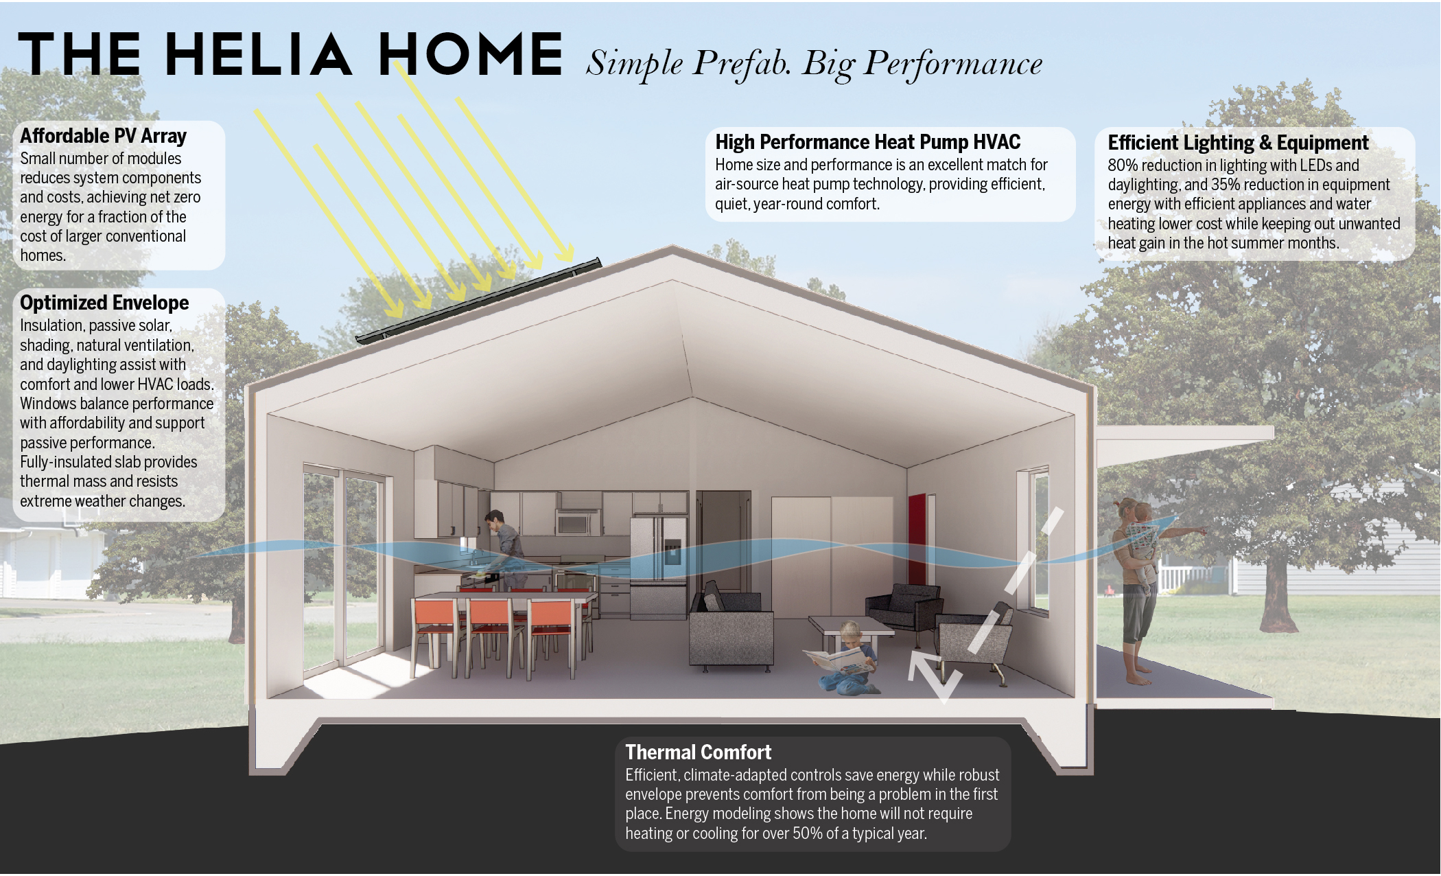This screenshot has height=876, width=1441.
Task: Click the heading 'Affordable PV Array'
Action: (x=103, y=136)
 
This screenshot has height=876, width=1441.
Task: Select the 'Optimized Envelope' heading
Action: (x=104, y=303)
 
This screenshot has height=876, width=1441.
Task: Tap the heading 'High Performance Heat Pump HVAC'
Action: (x=867, y=142)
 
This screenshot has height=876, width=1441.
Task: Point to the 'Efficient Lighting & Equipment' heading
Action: (x=1238, y=143)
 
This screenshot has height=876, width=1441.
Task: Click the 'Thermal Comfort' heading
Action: (x=698, y=752)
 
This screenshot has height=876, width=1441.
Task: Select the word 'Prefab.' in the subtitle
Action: (x=742, y=64)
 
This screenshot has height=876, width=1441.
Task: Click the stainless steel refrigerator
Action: (x=658, y=567)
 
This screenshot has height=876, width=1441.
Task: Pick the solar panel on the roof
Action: (x=478, y=301)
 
